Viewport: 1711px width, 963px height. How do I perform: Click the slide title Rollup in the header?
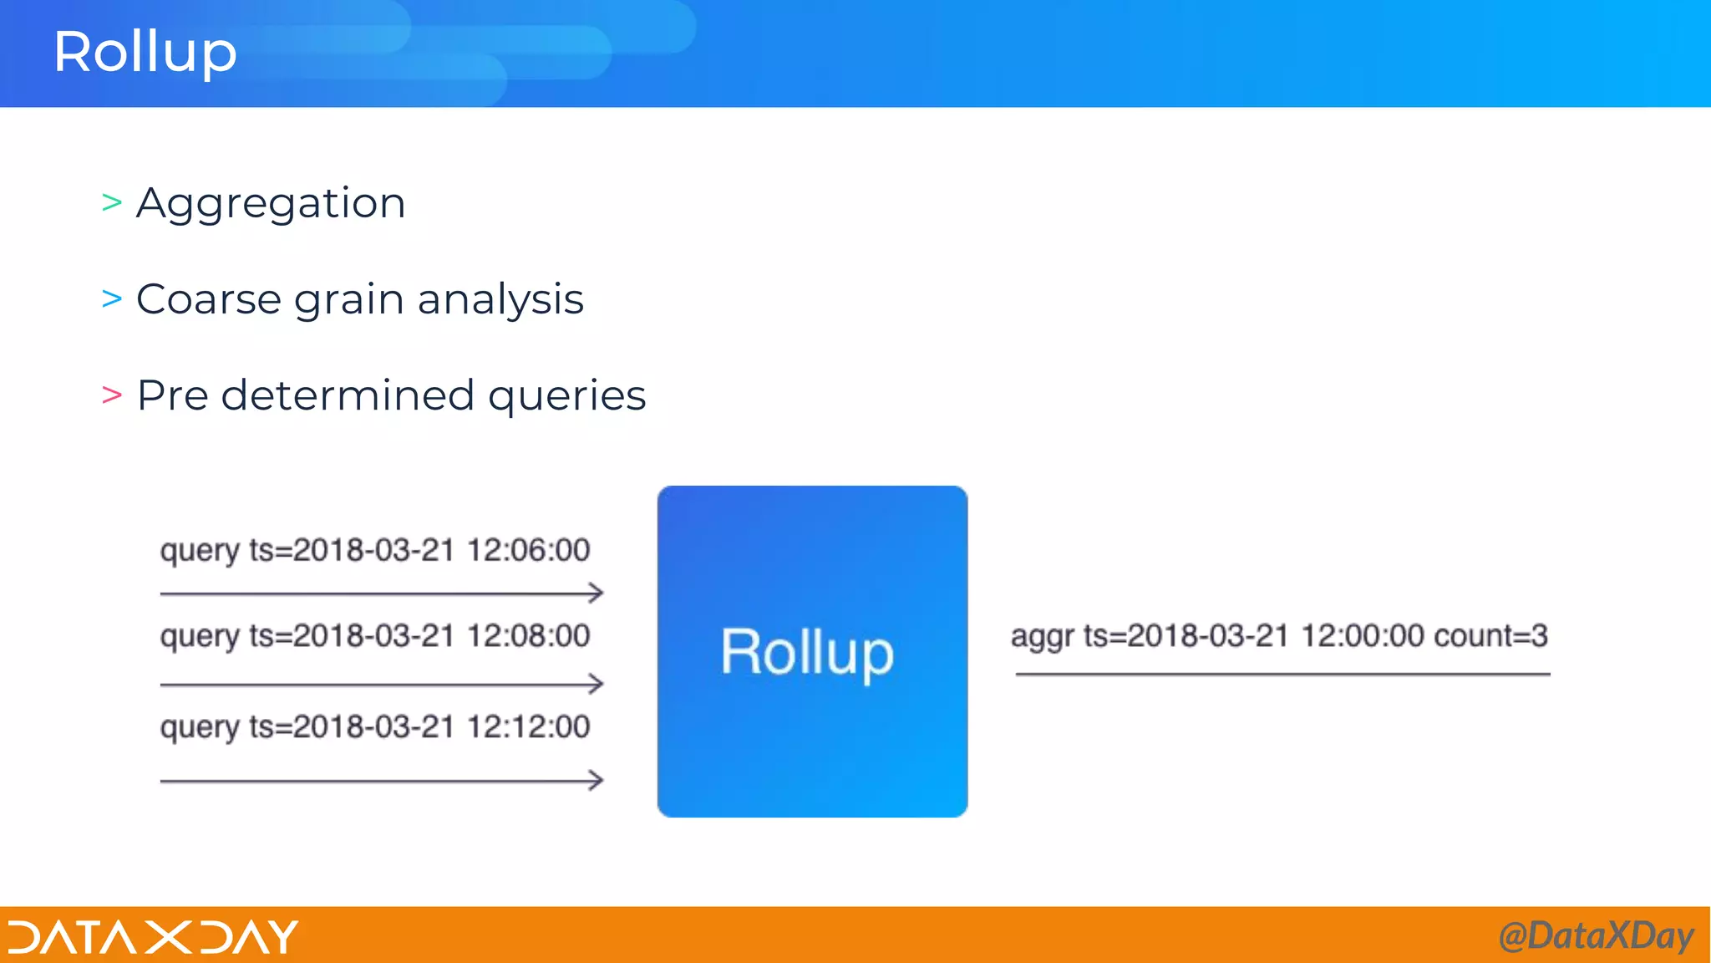tap(145, 52)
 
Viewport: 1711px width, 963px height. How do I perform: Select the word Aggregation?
tap(271, 204)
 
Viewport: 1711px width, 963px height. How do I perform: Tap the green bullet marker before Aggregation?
tap(112, 202)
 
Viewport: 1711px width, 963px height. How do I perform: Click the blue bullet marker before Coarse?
tap(112, 298)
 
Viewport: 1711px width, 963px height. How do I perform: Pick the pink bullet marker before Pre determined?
tap(112, 395)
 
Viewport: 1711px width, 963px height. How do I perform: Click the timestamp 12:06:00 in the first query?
tap(528, 550)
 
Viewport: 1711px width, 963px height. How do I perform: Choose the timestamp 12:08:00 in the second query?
tap(528, 636)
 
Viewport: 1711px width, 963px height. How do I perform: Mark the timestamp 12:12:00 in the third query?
tap(528, 727)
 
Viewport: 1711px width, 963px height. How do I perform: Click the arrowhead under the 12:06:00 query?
tap(596, 594)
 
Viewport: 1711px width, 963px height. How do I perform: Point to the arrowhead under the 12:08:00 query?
tap(596, 684)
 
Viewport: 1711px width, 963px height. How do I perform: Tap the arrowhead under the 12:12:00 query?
tap(596, 781)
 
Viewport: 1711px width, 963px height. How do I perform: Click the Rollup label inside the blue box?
tap(807, 653)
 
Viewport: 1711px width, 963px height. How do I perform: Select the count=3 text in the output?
tap(1490, 636)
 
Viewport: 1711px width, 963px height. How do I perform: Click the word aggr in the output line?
tap(1042, 637)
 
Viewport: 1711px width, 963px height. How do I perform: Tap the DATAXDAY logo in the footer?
tap(153, 936)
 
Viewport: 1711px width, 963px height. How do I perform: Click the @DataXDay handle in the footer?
tap(1596, 936)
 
